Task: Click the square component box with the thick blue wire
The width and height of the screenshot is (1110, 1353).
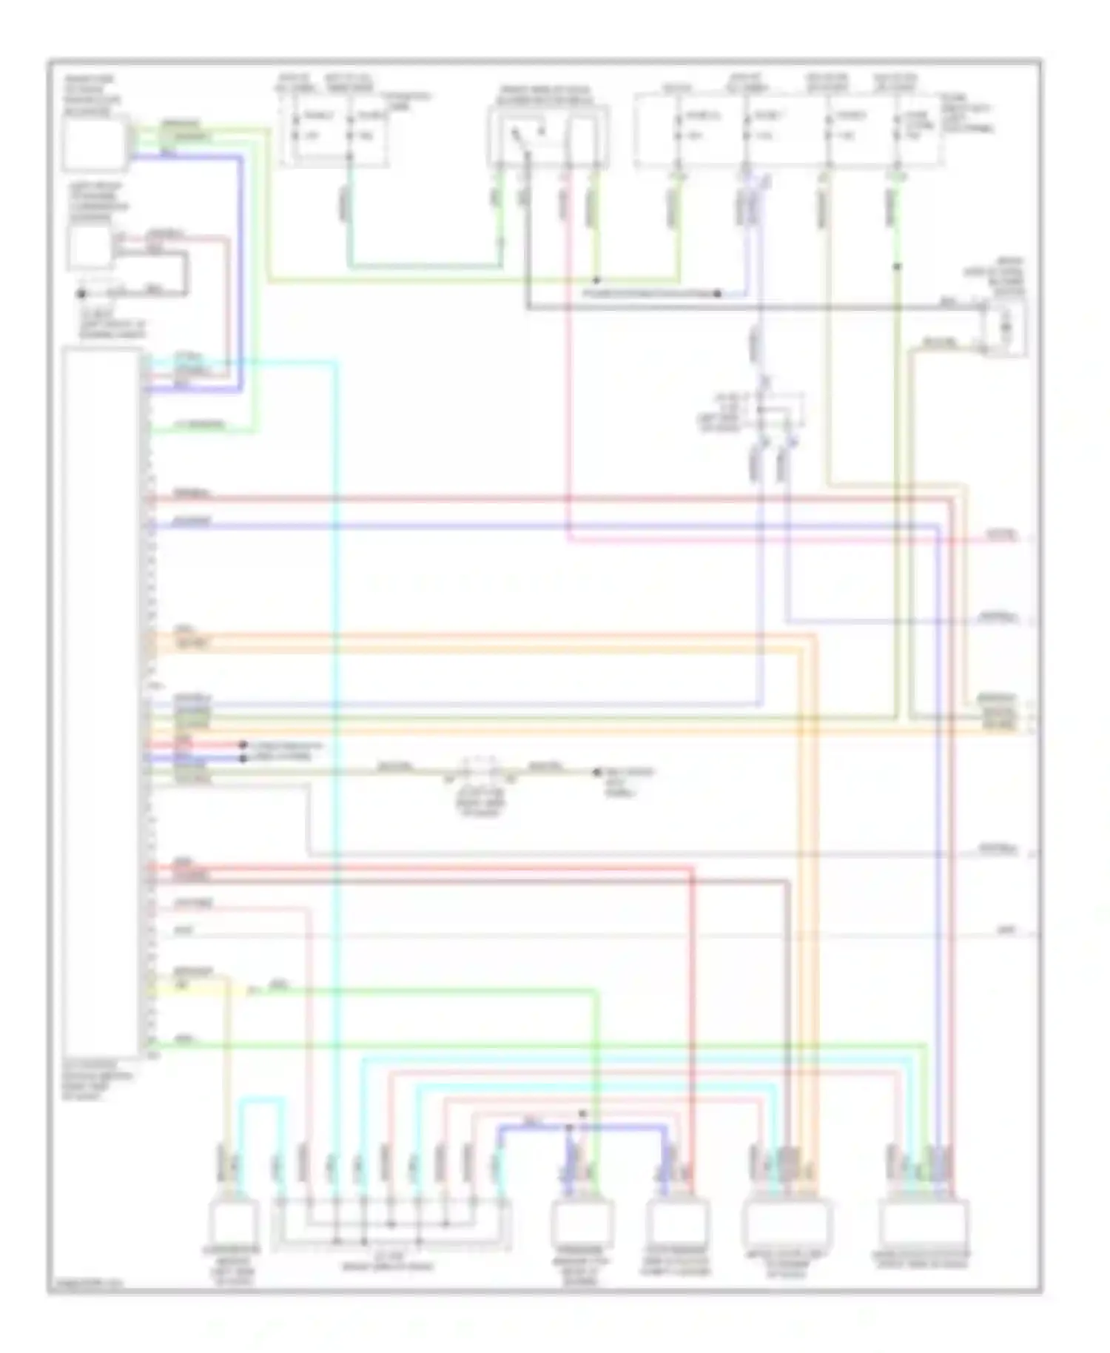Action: tap(94, 144)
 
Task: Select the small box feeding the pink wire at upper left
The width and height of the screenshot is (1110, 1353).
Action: tap(90, 247)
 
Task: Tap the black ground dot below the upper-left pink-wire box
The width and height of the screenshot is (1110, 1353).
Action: tap(81, 294)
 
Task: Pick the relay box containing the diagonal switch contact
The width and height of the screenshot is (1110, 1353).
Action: tap(548, 137)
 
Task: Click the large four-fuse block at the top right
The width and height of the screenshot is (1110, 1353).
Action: tap(788, 130)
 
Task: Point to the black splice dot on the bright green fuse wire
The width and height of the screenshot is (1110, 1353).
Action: tap(897, 266)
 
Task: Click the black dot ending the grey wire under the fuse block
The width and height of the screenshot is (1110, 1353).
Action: tap(717, 294)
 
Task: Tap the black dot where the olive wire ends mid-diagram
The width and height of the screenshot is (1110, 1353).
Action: tap(596, 772)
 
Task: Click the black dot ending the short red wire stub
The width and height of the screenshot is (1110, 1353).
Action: tap(243, 745)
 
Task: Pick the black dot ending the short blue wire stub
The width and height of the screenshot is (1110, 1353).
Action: tap(243, 758)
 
